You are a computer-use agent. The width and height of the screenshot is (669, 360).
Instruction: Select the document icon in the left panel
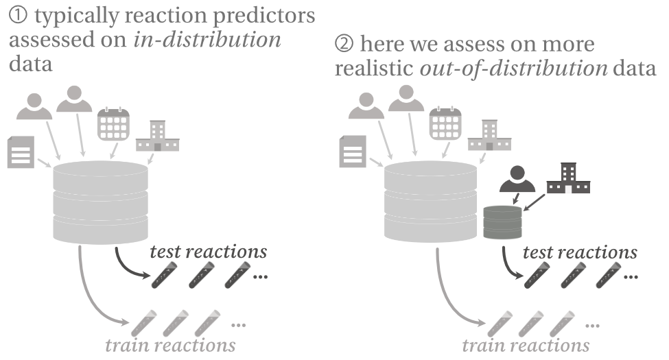click(x=21, y=152)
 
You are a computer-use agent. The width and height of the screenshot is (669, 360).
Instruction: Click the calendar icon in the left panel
click(x=113, y=124)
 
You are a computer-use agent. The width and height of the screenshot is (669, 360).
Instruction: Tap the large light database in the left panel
click(x=100, y=200)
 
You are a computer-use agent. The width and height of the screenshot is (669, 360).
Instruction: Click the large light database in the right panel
click(x=431, y=200)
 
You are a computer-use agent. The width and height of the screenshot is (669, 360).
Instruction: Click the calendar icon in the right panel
click(x=444, y=124)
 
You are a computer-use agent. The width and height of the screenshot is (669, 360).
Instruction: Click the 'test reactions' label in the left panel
click(x=209, y=252)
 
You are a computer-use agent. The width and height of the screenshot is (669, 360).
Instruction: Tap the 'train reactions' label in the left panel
click(x=170, y=345)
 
